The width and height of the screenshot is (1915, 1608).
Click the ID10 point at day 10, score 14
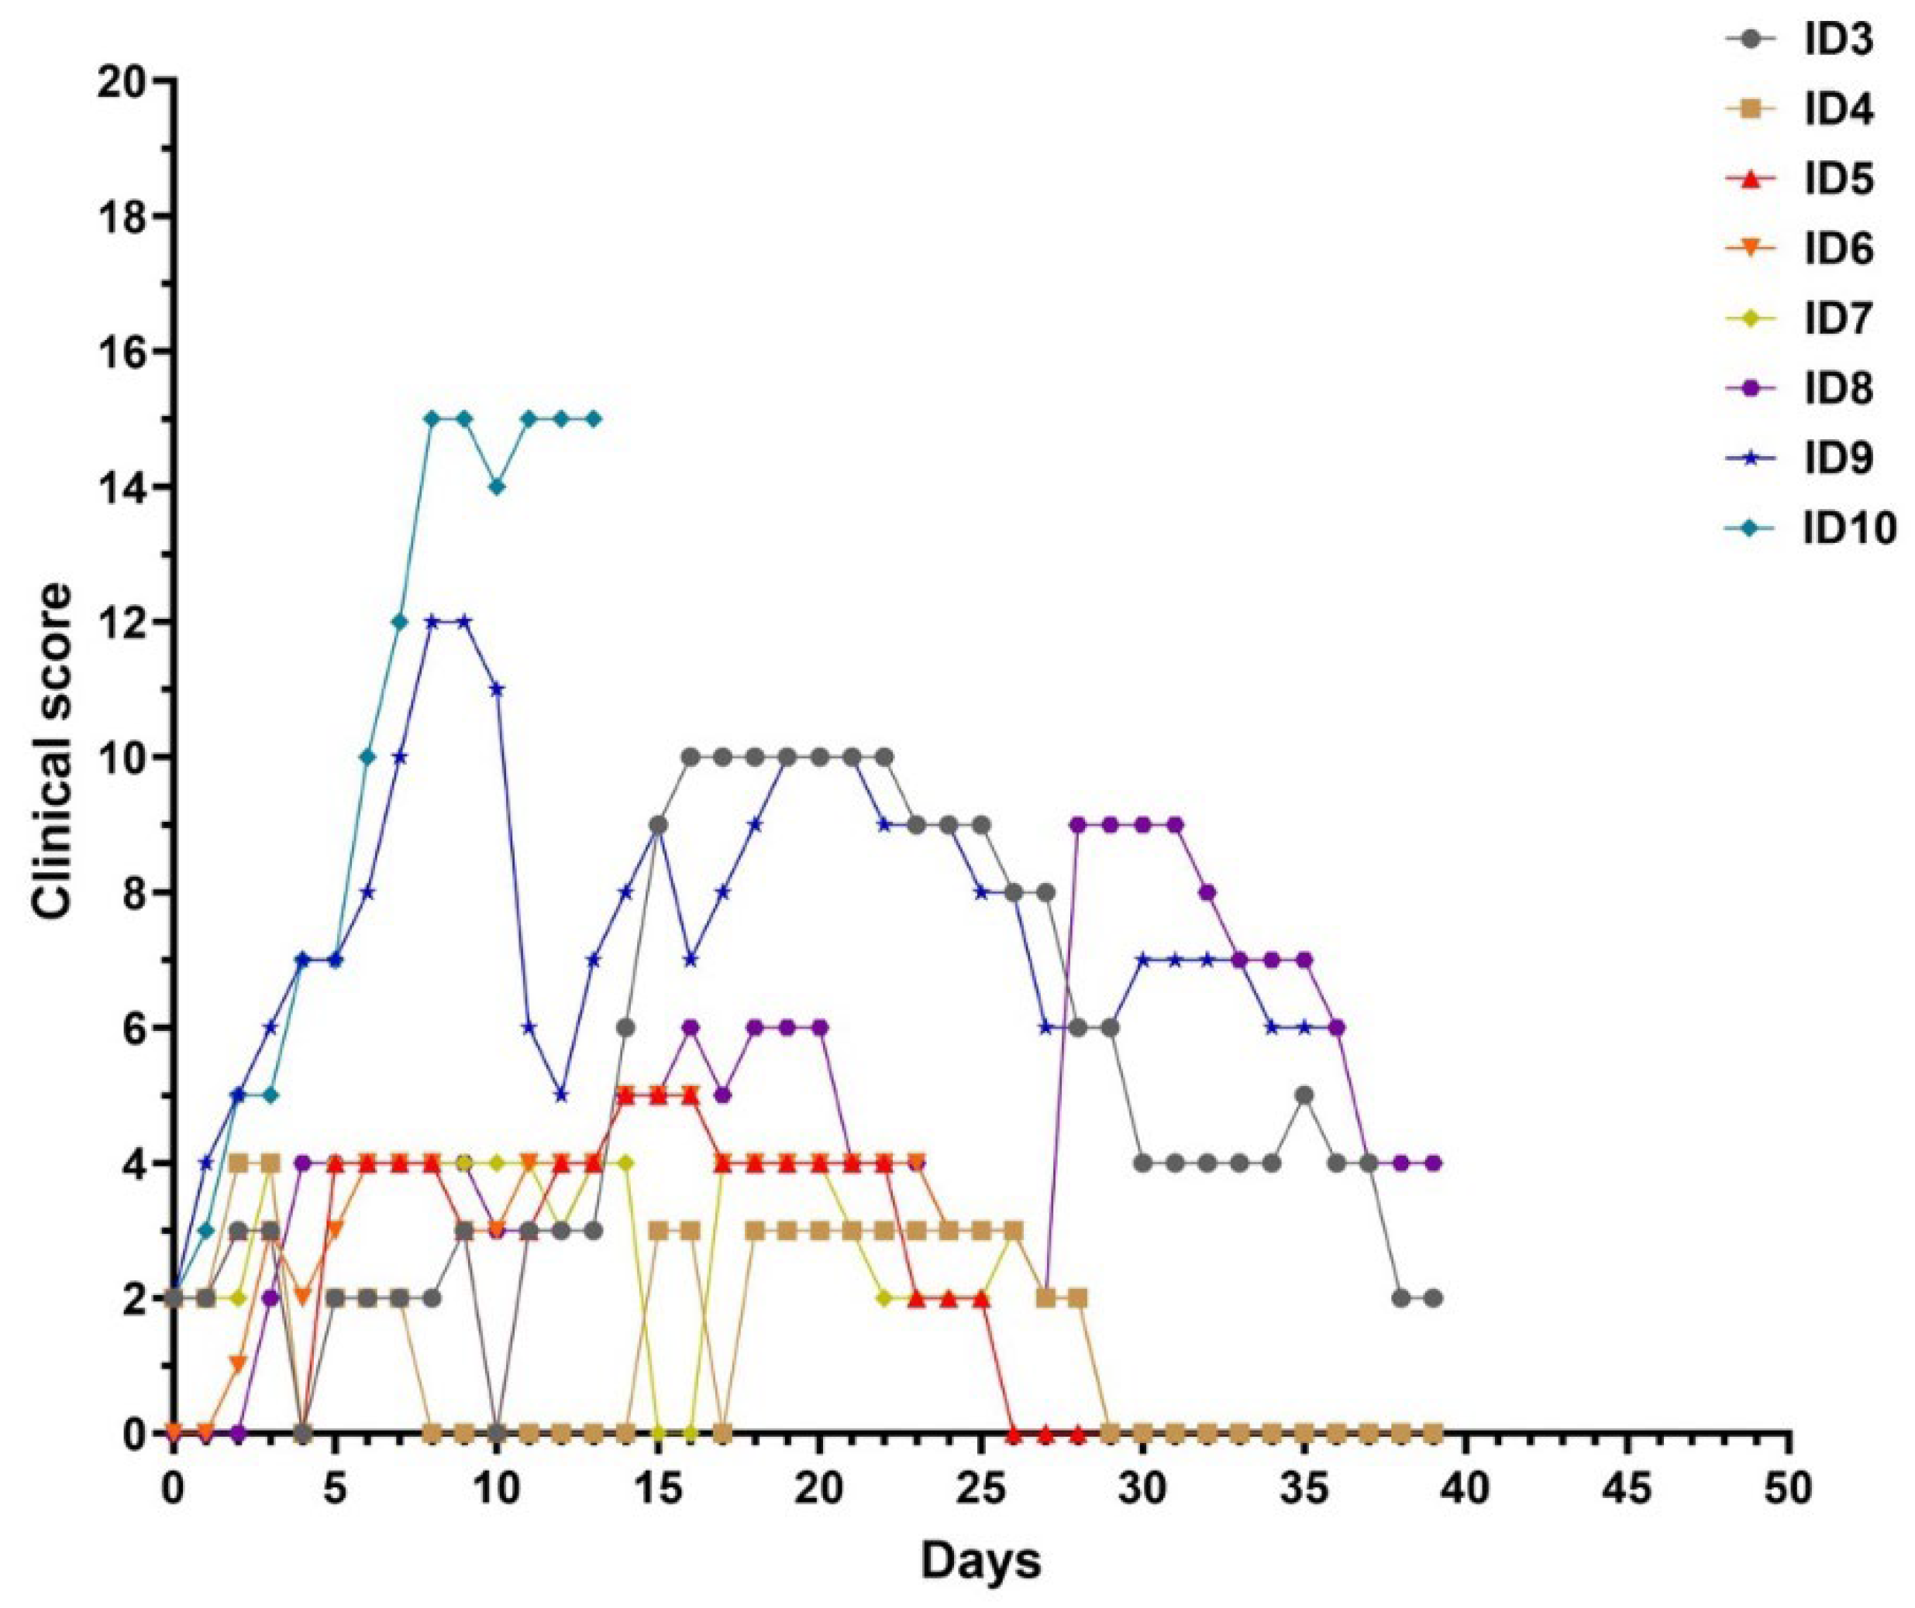497,486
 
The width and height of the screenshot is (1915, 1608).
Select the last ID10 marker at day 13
594,418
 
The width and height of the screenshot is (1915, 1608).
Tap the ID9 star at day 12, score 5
562,1094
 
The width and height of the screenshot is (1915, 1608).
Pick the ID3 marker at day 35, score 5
1305,1094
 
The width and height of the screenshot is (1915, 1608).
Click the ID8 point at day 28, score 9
1079,825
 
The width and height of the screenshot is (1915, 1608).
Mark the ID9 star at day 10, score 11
497,689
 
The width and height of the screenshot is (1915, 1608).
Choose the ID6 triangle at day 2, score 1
238,1365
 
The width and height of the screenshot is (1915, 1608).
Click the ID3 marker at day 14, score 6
625,1027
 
